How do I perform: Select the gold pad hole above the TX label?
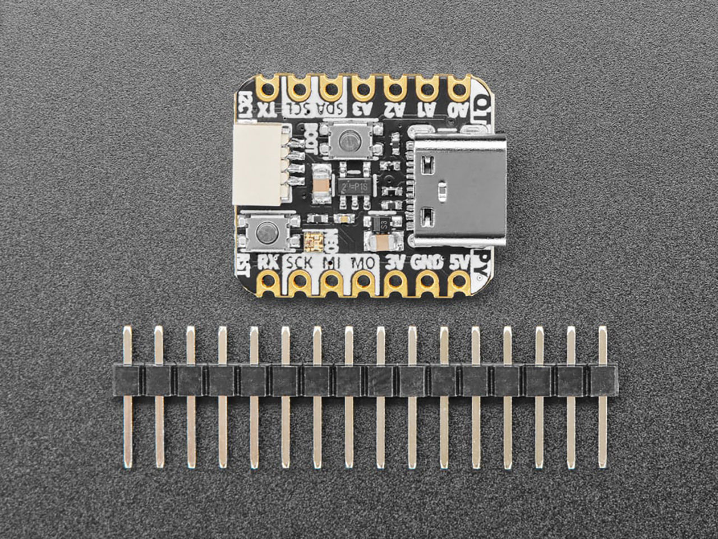click(x=268, y=87)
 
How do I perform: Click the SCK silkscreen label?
click(x=300, y=261)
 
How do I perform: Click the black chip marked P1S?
click(x=351, y=185)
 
